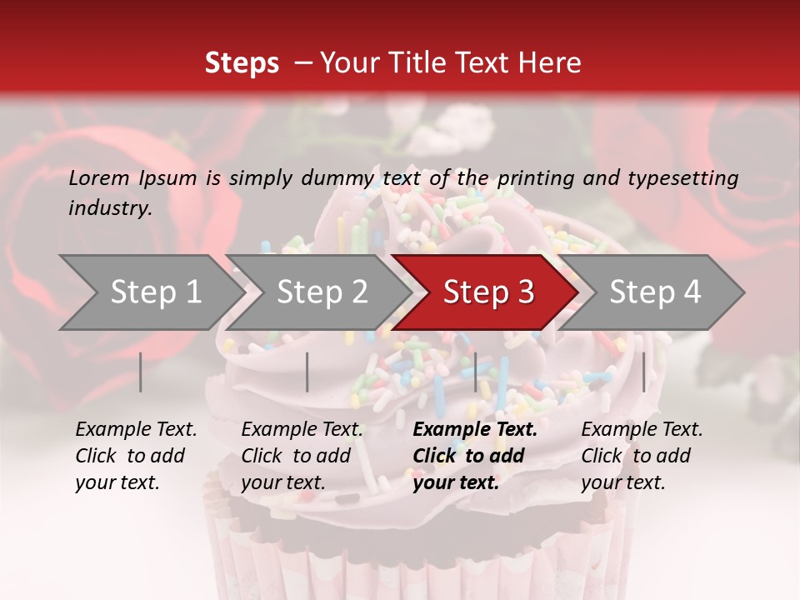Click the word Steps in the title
click(242, 63)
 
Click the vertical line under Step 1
click(141, 372)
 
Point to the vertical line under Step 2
click(307, 372)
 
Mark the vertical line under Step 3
click(475, 372)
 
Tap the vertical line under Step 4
click(643, 372)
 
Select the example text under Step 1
click(136, 456)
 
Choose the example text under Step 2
click(302, 456)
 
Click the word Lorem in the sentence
click(99, 178)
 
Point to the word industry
click(109, 208)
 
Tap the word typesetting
click(688, 178)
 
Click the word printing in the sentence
click(547, 178)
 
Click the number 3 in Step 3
click(525, 292)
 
